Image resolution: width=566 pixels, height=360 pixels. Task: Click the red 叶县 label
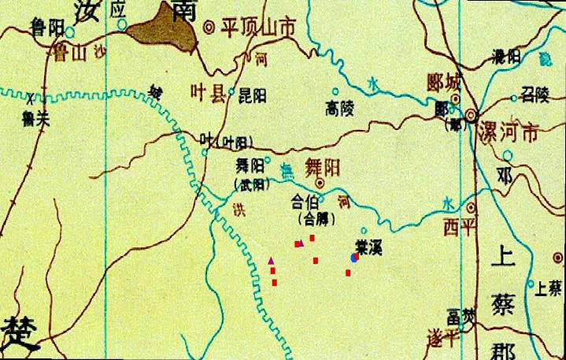(209, 93)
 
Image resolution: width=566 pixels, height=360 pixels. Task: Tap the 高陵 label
(340, 108)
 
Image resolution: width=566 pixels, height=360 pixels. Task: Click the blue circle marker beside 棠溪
(354, 258)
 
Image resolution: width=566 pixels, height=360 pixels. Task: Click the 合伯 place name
(306, 199)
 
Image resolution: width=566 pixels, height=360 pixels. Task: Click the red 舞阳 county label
(323, 168)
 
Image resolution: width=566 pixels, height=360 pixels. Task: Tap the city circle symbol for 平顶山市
(209, 27)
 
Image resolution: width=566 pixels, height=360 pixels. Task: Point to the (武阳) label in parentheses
(251, 186)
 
